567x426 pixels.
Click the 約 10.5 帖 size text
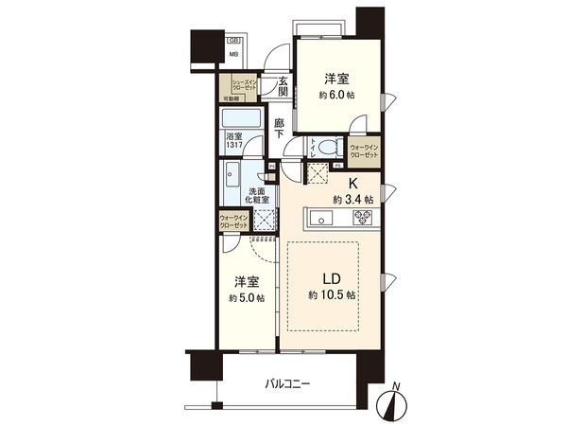(x=332, y=295)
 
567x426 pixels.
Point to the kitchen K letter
(x=354, y=184)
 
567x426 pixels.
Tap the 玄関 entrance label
(x=282, y=86)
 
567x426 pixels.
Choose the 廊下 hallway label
(x=279, y=129)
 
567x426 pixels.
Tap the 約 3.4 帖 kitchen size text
(x=352, y=200)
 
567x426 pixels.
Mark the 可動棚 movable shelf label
(x=231, y=98)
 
